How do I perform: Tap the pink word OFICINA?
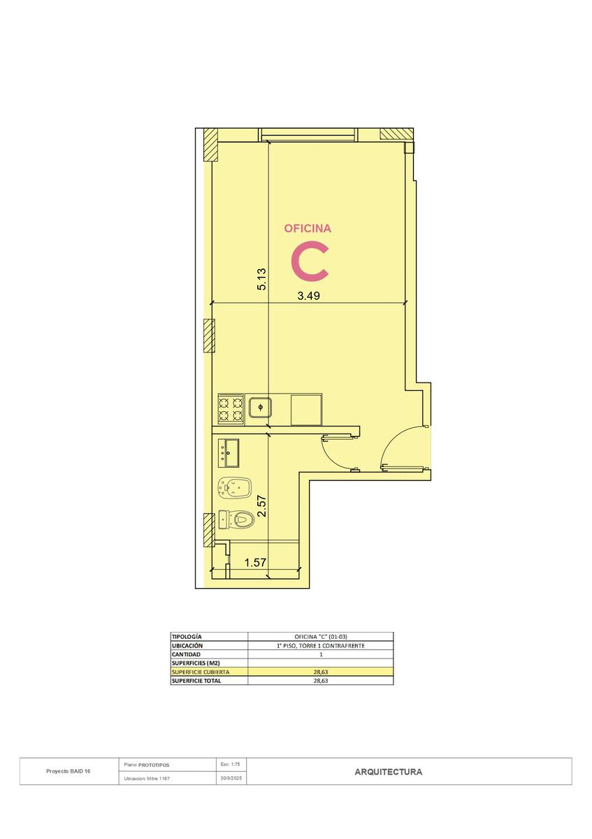pyautogui.click(x=308, y=229)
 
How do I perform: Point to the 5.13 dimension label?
pyautogui.click(x=261, y=279)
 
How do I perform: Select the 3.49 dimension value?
pyautogui.click(x=308, y=296)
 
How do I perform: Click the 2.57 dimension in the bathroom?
pyautogui.click(x=262, y=506)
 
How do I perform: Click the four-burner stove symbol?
pyautogui.click(x=231, y=408)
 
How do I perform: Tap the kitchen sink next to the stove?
pyautogui.click(x=260, y=407)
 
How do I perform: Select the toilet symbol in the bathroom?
pyautogui.click(x=236, y=519)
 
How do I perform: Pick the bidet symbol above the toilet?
pyautogui.click(x=234, y=488)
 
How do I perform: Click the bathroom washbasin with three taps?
pyautogui.click(x=228, y=453)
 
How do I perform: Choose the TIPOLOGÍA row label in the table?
pyautogui.click(x=187, y=636)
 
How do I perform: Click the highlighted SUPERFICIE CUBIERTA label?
pyautogui.click(x=201, y=672)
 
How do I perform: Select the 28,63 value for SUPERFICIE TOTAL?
pyautogui.click(x=321, y=681)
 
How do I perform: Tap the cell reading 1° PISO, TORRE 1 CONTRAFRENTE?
pyautogui.click(x=321, y=645)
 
